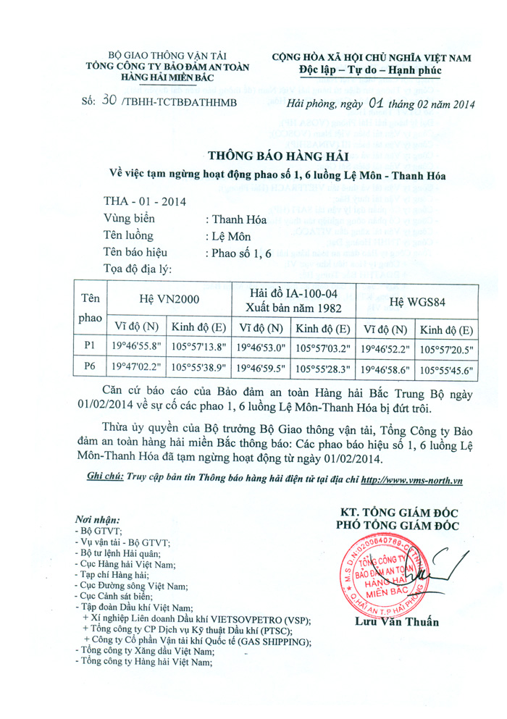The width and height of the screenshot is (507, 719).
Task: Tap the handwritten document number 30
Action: tap(109, 102)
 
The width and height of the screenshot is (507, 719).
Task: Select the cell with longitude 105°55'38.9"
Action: tap(200, 368)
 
